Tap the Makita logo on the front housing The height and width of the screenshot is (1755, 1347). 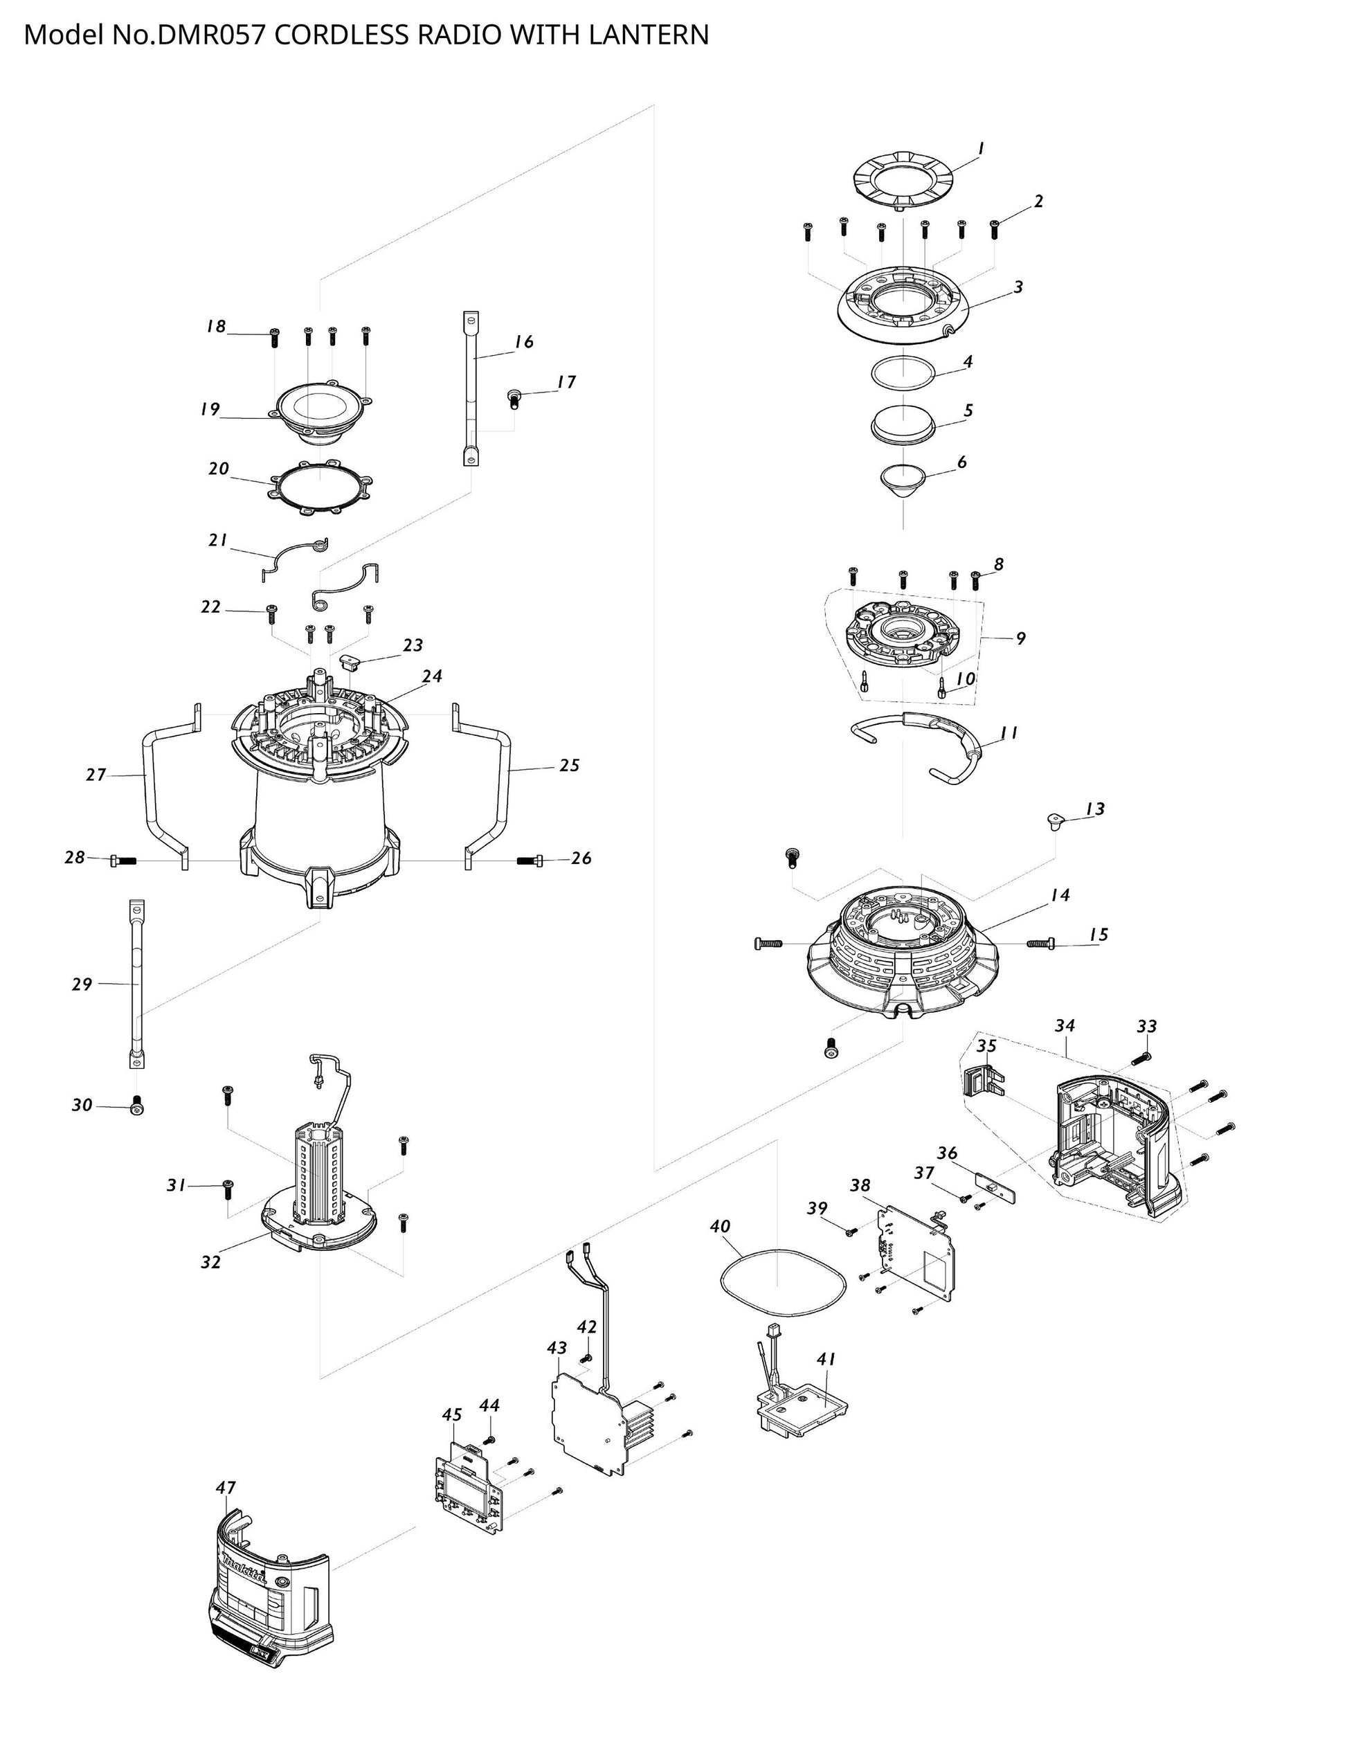[x=246, y=1568]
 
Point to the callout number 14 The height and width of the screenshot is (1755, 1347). [x=1060, y=894]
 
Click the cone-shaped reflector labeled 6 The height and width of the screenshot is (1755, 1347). [x=903, y=483]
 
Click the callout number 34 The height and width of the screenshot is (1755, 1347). [x=1065, y=1025]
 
